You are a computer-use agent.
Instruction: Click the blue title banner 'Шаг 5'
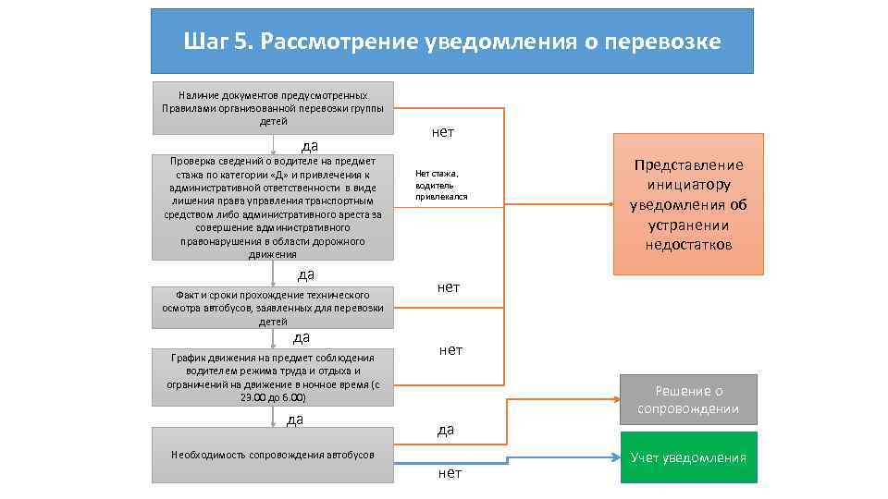pyautogui.click(x=452, y=42)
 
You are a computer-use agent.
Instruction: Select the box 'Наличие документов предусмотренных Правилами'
pyautogui.click(x=273, y=108)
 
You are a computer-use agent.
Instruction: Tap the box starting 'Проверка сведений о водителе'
pyautogui.click(x=273, y=208)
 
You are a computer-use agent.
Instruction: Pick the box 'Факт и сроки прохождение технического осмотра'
pyautogui.click(x=273, y=308)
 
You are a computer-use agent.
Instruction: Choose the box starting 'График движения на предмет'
pyautogui.click(x=273, y=377)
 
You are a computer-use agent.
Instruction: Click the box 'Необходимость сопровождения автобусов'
pyautogui.click(x=273, y=455)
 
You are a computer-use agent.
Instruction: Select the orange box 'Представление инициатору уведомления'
pyautogui.click(x=688, y=204)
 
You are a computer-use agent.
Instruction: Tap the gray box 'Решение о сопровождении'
pyautogui.click(x=688, y=399)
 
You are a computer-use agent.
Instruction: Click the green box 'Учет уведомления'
pyautogui.click(x=688, y=457)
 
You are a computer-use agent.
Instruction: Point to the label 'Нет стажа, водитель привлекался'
pyautogui.click(x=442, y=185)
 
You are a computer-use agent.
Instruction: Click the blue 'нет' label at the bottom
pyautogui.click(x=450, y=473)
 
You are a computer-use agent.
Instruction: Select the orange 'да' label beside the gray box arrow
pyautogui.click(x=446, y=430)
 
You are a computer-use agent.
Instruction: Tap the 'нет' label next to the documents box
pyautogui.click(x=443, y=132)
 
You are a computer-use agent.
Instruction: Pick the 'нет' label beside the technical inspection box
pyautogui.click(x=449, y=287)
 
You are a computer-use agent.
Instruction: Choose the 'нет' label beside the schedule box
pyautogui.click(x=451, y=349)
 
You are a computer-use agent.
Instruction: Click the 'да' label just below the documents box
pyautogui.click(x=311, y=145)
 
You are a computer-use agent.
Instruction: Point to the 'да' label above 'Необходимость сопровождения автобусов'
pyautogui.click(x=295, y=420)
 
